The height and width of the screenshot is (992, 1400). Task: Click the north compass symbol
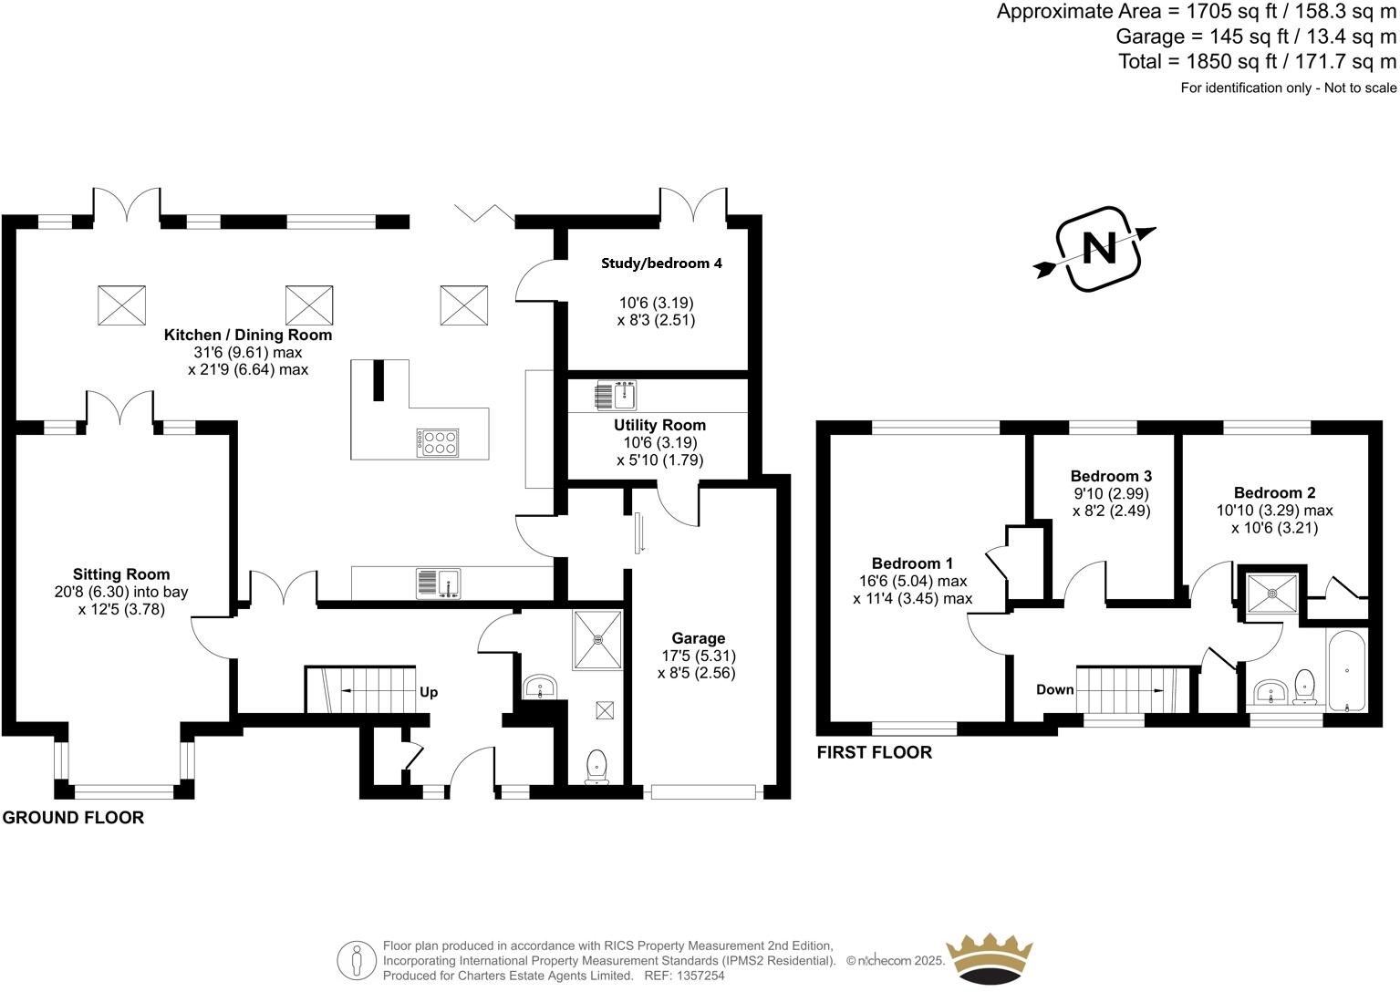[x=1098, y=249]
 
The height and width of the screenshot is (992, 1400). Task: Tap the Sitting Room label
[x=121, y=574]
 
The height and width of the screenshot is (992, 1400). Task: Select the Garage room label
[x=698, y=638]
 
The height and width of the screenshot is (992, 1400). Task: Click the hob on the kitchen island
[x=438, y=442]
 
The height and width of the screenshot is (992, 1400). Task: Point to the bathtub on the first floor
[x=1346, y=672]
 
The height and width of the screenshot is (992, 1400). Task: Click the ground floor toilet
[x=596, y=765]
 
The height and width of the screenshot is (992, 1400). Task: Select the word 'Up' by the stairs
[x=429, y=692]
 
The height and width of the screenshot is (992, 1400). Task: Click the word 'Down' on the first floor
[x=1054, y=689]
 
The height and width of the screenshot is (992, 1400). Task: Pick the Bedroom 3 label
[x=1110, y=476]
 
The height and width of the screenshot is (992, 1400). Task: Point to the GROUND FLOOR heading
[x=73, y=818]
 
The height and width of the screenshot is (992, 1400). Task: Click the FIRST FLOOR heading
[x=874, y=752]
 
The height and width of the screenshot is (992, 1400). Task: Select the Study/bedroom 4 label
[x=661, y=263]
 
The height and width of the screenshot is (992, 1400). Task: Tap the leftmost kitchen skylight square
[x=121, y=305]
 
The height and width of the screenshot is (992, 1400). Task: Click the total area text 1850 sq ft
[x=1257, y=62]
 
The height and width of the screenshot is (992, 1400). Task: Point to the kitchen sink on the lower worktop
[x=439, y=584]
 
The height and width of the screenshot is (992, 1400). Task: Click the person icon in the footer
[x=357, y=960]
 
